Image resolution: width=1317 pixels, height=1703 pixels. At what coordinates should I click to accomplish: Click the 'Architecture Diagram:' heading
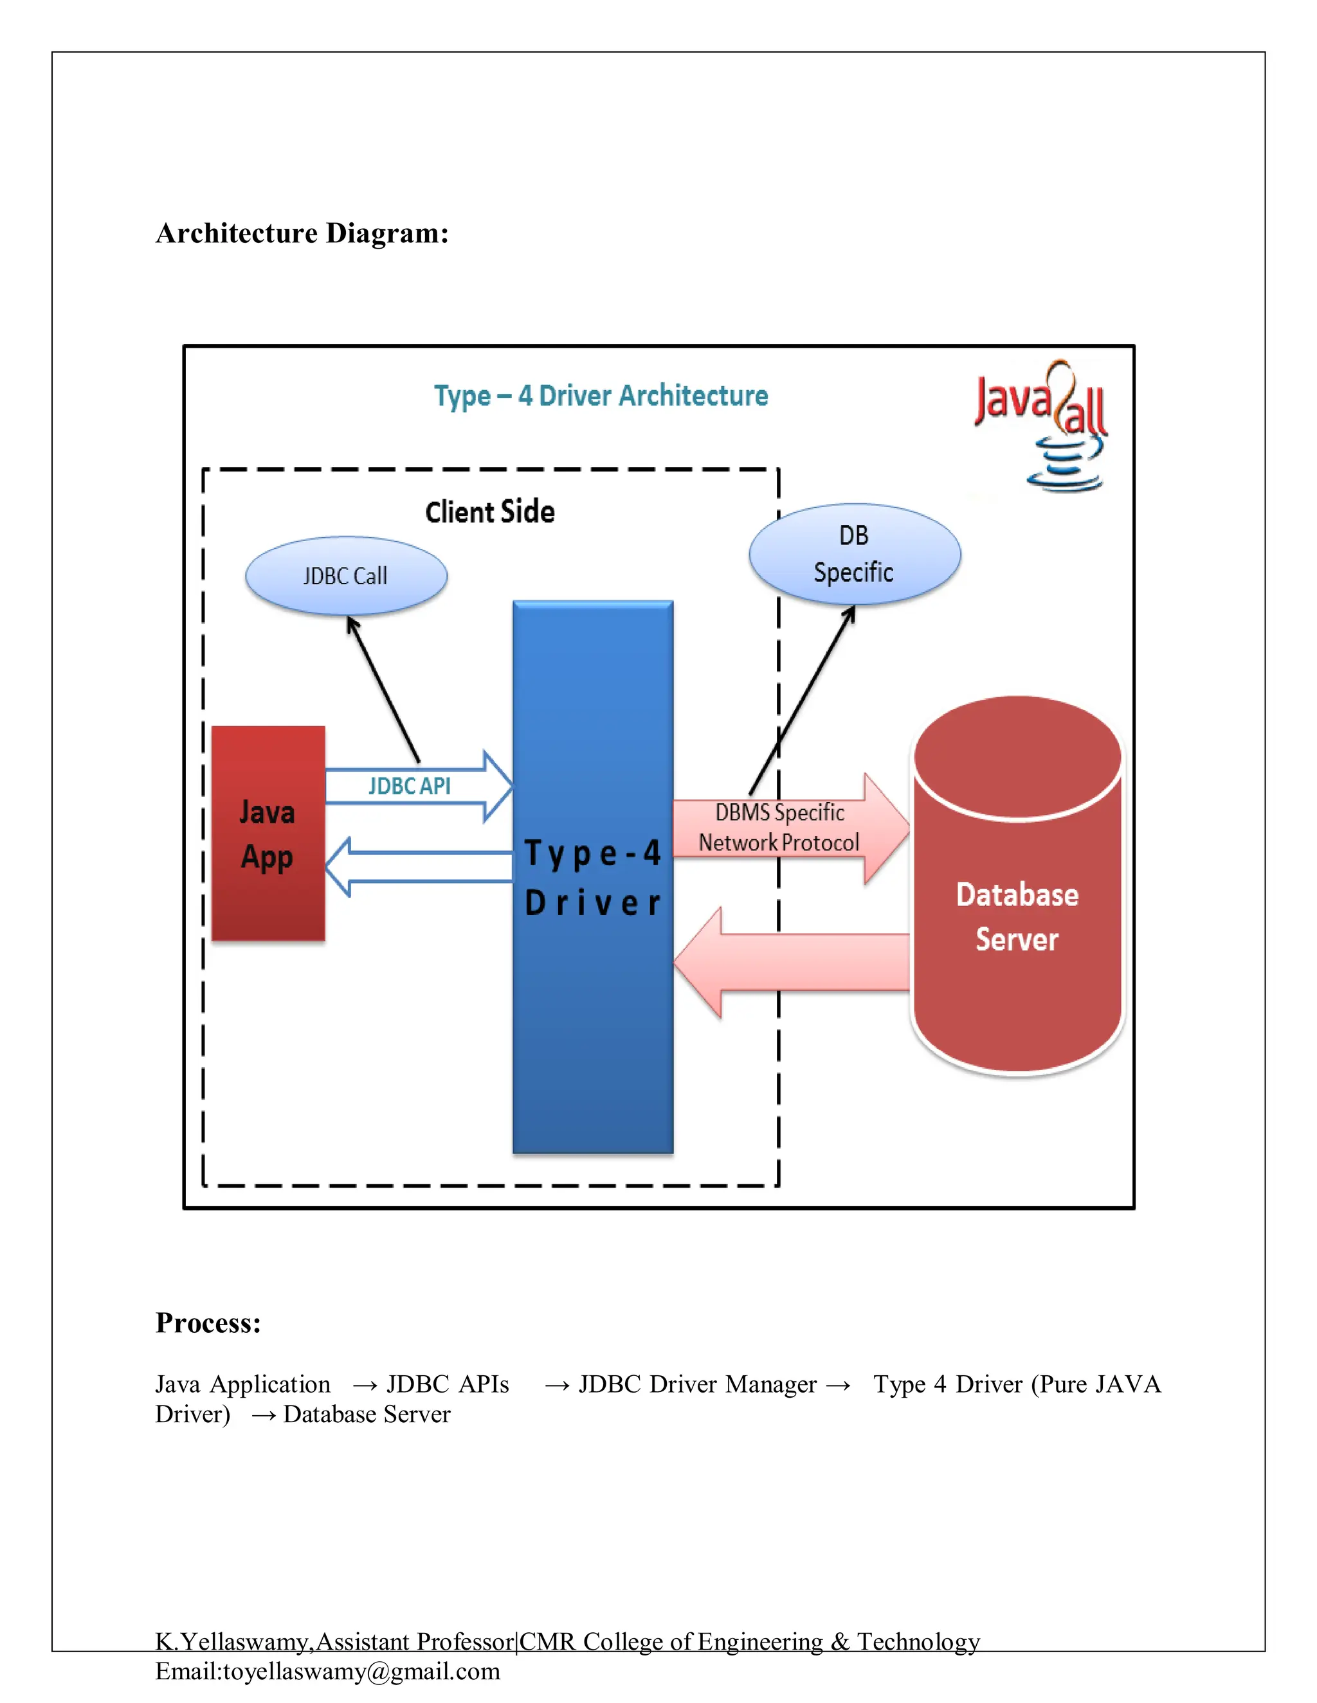coord(302,233)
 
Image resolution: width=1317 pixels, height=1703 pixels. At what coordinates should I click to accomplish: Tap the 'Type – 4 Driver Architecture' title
coord(601,396)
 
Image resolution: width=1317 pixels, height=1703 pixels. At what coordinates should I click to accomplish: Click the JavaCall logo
coord(1042,424)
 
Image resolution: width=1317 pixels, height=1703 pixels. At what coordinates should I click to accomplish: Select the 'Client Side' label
coord(490,512)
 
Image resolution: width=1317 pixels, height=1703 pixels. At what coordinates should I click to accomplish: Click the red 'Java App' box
coord(268,834)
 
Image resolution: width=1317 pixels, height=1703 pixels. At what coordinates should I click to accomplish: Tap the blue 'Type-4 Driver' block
coord(593,877)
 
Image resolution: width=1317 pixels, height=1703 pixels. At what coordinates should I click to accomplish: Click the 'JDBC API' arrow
coord(417,786)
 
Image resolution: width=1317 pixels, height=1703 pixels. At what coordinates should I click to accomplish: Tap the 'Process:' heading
coord(208,1323)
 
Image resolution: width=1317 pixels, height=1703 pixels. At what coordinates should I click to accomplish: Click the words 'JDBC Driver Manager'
coord(698,1384)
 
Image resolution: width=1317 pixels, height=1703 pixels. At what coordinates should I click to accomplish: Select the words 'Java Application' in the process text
coord(242,1384)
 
